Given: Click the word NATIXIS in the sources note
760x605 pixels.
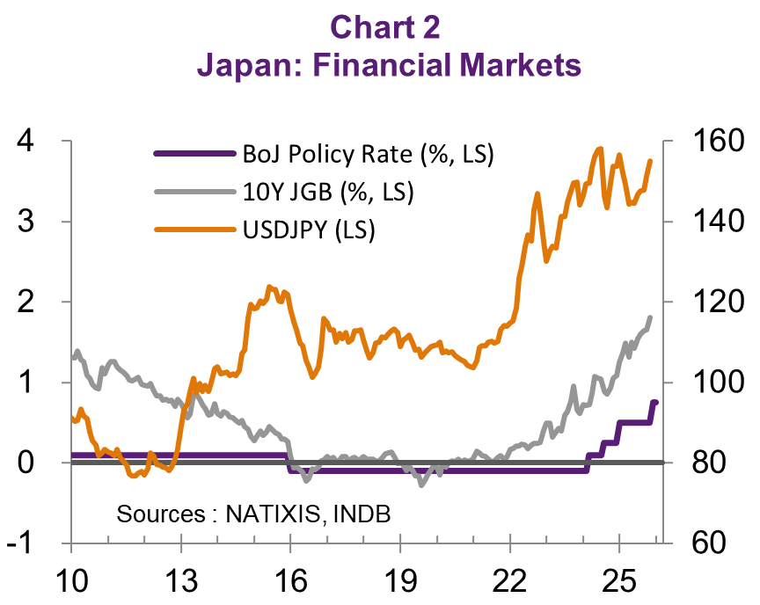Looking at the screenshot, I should [x=274, y=513].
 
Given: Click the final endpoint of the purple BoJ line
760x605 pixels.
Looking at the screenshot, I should [x=655, y=402].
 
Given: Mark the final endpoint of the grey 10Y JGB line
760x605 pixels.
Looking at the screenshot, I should [x=651, y=317].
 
